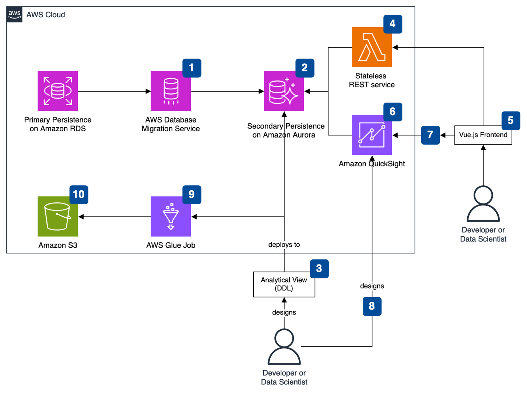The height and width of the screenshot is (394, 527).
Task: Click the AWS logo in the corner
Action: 14,14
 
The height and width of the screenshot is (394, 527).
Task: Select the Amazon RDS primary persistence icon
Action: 58,91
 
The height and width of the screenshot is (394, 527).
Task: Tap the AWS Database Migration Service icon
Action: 171,91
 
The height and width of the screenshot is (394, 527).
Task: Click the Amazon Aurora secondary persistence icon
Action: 284,91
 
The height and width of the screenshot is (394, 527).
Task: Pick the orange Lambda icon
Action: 372,47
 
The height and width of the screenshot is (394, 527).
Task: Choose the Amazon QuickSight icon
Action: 372,135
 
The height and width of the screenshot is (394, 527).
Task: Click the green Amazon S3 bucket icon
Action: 58,216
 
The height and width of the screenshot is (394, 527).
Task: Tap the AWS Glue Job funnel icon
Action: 171,216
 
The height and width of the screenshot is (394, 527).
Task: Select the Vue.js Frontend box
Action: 483,135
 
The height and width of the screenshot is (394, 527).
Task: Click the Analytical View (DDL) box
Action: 284,284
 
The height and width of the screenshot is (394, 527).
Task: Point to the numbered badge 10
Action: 79,195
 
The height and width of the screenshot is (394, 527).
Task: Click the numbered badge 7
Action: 430,135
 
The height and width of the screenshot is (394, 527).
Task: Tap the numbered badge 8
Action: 372,306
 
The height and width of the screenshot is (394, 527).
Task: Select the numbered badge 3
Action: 319,269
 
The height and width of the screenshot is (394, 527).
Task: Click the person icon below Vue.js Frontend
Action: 483,204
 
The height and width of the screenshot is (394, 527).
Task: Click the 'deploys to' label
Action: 284,245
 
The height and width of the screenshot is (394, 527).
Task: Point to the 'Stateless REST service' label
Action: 372,80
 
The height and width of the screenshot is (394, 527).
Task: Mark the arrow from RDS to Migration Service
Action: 114,91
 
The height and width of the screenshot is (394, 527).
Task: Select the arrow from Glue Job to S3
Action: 114,217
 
